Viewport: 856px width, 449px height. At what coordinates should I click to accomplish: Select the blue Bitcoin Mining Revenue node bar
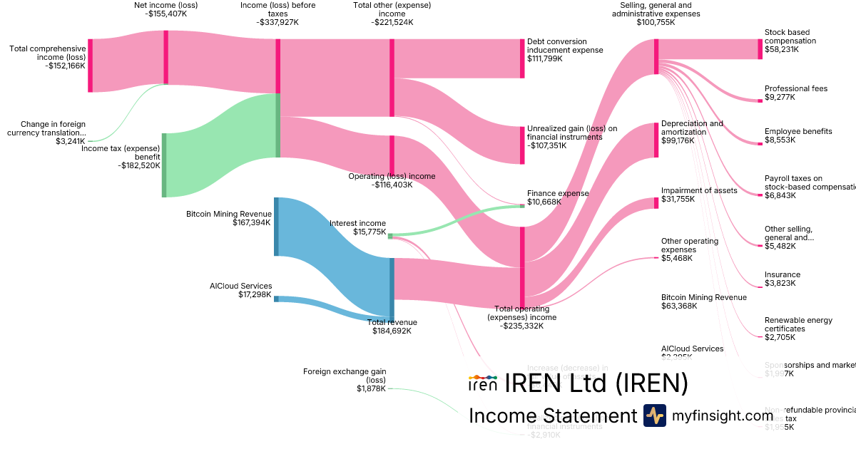(277, 227)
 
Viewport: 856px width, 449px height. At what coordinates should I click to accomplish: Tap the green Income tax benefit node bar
(164, 165)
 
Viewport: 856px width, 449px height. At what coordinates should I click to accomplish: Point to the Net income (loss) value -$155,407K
(166, 14)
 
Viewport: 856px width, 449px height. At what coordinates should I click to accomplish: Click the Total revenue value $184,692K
(389, 331)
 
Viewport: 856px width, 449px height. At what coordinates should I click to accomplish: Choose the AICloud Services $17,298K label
(240, 290)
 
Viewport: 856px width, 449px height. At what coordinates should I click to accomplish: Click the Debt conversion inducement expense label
(565, 46)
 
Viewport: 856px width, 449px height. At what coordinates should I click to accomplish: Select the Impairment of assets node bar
(656, 203)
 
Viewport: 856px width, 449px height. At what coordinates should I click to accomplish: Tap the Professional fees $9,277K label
(795, 93)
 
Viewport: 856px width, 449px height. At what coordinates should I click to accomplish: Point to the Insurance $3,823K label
(782, 279)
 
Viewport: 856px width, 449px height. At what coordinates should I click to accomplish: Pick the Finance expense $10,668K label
(558, 197)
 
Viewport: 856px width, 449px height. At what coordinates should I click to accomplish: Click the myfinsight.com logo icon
(655, 416)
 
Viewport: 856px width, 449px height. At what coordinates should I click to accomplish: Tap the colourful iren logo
(482, 383)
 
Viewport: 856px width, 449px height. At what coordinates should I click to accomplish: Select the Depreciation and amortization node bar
(656, 140)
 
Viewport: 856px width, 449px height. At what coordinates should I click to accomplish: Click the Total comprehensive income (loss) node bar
(91, 66)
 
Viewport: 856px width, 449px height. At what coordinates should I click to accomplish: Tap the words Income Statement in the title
(552, 416)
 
